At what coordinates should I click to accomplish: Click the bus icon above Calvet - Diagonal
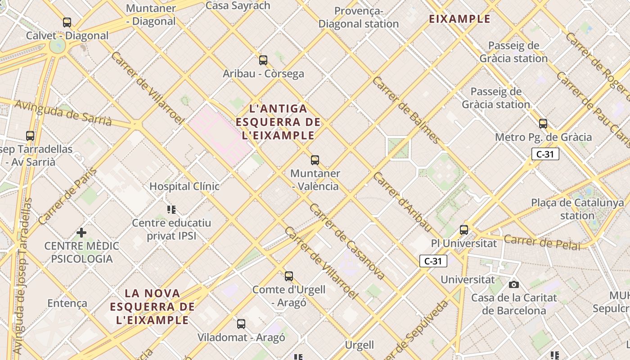click(67, 22)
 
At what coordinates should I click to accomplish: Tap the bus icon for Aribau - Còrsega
click(263, 60)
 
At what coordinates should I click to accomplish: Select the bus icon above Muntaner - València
click(315, 160)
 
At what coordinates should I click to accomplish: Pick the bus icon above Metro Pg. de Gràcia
click(543, 124)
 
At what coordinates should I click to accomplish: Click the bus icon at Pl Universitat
click(464, 229)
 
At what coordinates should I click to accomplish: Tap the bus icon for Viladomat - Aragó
click(241, 324)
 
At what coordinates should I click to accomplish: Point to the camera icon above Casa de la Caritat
click(514, 284)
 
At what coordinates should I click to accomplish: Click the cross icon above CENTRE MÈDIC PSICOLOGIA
click(81, 232)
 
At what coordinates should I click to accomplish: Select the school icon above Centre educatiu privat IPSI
click(171, 209)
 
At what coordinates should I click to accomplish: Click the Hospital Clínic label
click(184, 186)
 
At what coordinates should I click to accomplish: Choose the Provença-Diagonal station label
click(359, 18)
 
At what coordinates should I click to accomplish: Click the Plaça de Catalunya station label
click(577, 209)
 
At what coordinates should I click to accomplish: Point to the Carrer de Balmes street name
click(406, 110)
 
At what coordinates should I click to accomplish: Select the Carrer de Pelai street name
click(542, 242)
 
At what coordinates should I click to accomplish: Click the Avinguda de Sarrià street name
click(63, 112)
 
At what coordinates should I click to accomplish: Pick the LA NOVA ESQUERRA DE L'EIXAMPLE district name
click(153, 307)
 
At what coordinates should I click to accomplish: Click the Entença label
click(67, 303)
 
